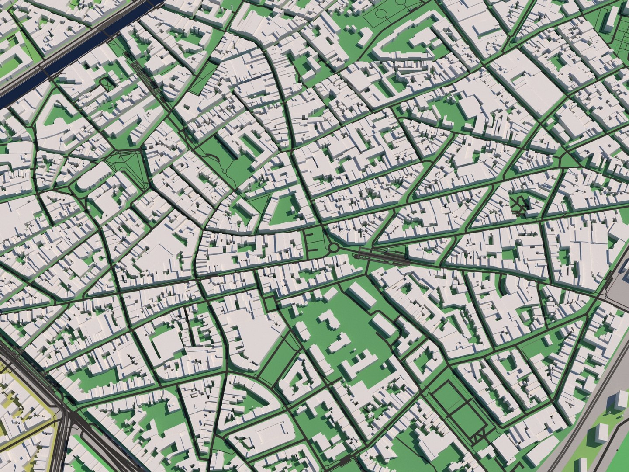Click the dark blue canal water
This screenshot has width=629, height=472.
66,61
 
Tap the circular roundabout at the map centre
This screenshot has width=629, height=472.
334,248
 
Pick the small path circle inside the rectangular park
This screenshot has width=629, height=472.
225,170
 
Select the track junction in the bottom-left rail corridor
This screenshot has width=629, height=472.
66,413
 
